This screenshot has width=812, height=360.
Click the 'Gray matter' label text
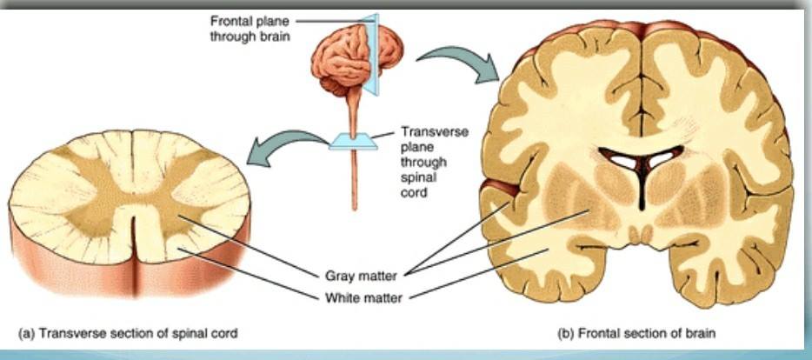pyautogui.click(x=361, y=276)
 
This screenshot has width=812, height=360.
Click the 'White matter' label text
pyautogui.click(x=363, y=298)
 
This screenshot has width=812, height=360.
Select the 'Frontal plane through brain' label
pyautogui.click(x=250, y=29)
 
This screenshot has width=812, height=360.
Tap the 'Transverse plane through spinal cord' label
pyautogui.click(x=435, y=162)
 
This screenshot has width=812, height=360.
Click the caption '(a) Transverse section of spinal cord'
pyautogui.click(x=128, y=333)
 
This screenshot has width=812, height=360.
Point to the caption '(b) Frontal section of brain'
pyautogui.click(x=636, y=333)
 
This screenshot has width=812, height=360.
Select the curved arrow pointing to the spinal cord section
pyautogui.click(x=289, y=147)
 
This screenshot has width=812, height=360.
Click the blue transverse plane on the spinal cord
pyautogui.click(x=353, y=140)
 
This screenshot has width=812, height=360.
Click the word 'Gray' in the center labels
pyautogui.click(x=340, y=276)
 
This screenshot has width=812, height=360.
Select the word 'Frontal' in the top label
pyautogui.click(x=230, y=22)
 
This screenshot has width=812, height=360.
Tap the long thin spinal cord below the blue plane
pyautogui.click(x=354, y=180)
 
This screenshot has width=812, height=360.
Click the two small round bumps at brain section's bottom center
pyautogui.click(x=641, y=235)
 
